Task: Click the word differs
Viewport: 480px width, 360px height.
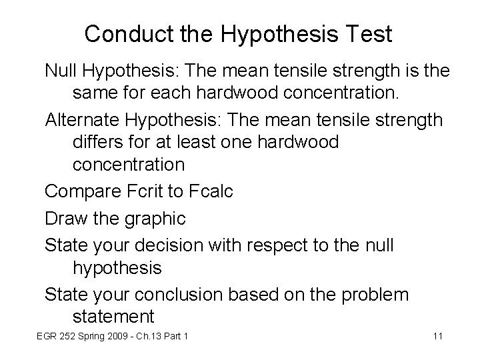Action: pos(99,142)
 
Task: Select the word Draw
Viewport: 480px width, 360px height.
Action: pos(67,218)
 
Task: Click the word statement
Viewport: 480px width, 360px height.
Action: pos(113,315)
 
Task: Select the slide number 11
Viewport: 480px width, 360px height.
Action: pos(438,335)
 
